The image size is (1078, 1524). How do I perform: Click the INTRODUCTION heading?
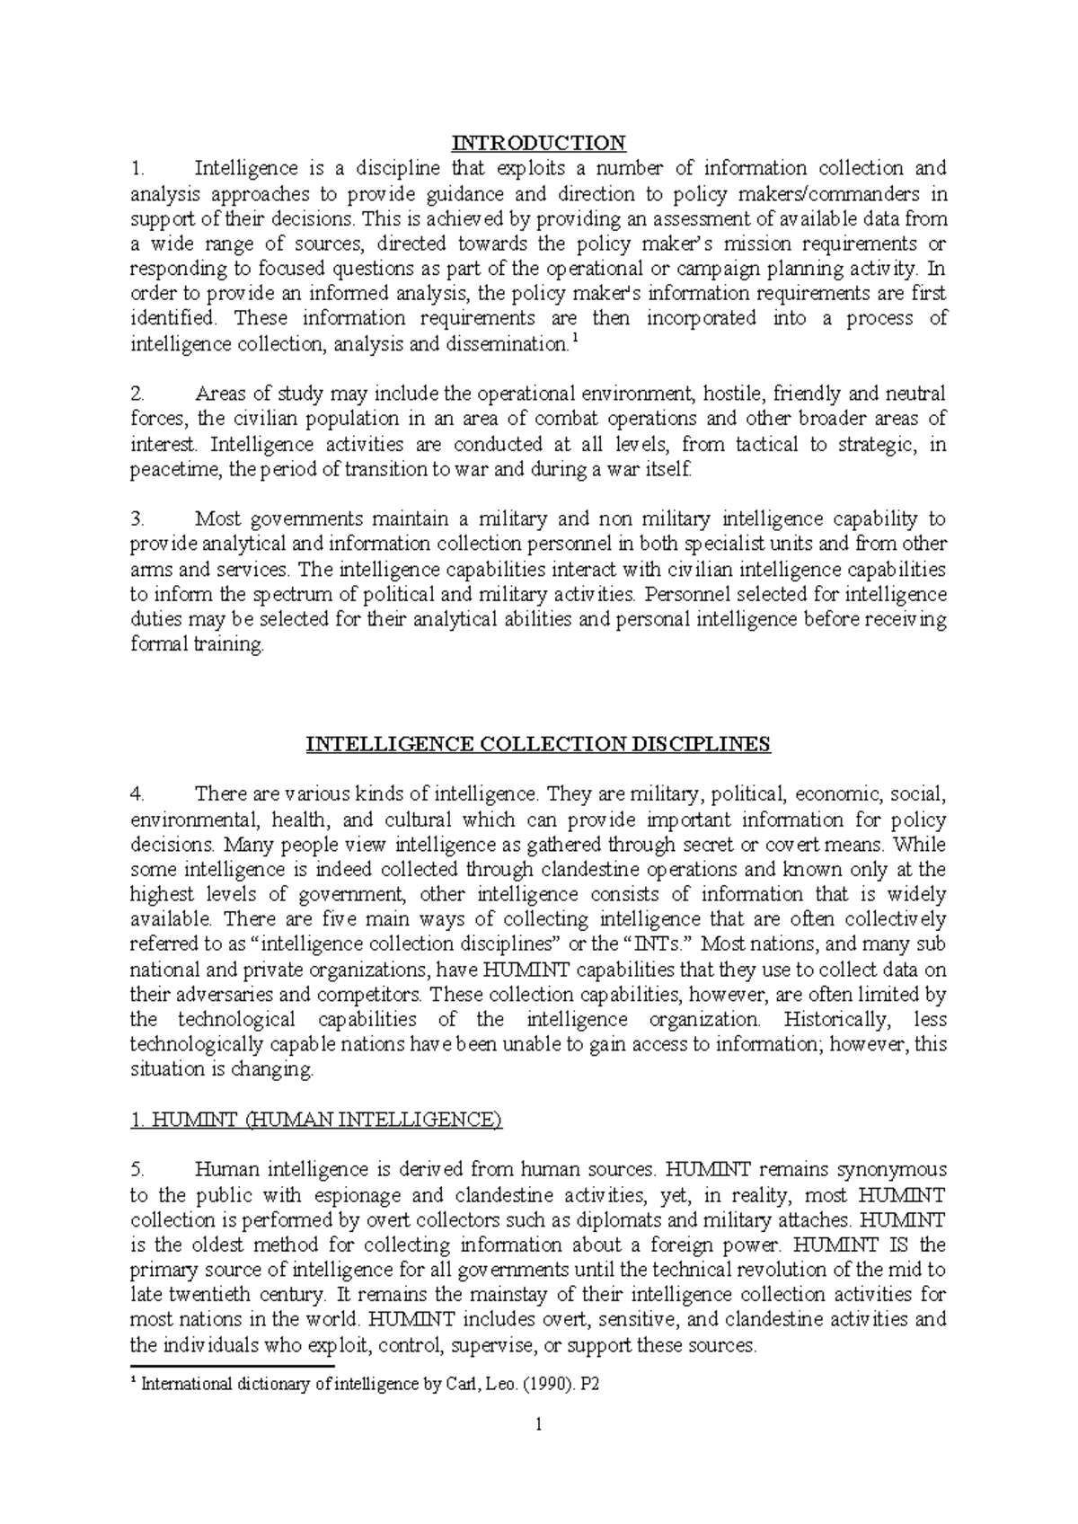point(538,143)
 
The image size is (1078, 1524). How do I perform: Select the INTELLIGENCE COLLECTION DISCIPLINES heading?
point(538,745)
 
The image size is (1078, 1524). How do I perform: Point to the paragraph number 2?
point(137,394)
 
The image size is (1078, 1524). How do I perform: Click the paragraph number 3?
point(137,519)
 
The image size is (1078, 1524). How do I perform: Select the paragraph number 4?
point(137,795)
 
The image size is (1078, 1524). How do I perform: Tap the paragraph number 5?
point(137,1170)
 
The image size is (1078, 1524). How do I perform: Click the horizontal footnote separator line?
point(232,1365)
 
